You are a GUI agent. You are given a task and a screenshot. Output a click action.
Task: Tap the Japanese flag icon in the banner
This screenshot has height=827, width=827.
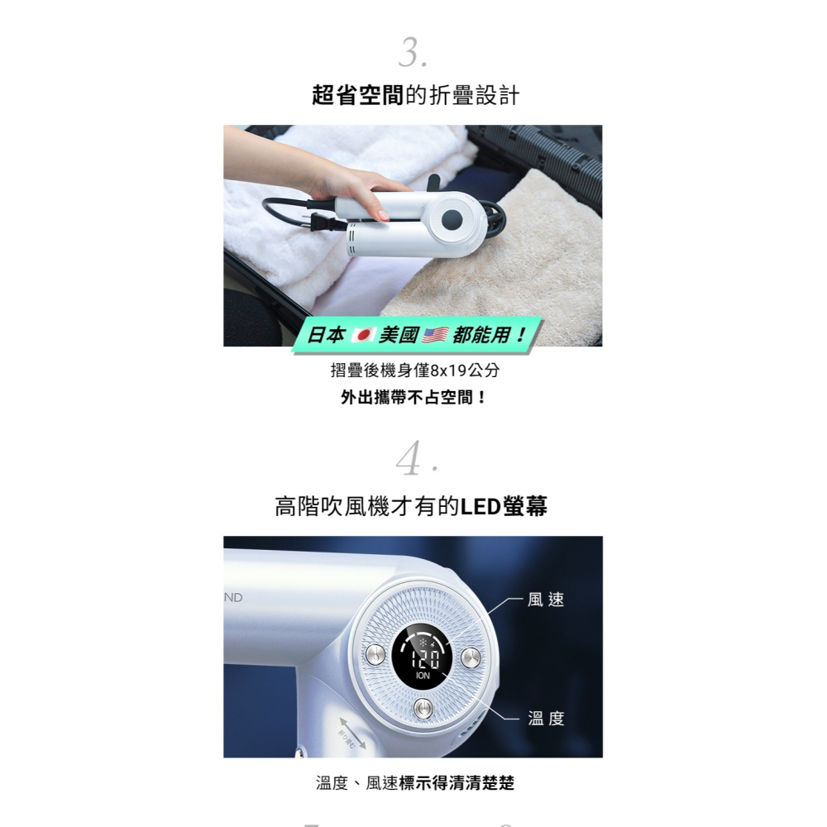point(364,336)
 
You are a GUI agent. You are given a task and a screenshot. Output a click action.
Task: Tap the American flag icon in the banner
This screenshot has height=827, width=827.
point(435,336)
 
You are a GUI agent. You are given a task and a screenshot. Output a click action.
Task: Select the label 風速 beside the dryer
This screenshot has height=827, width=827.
point(546,600)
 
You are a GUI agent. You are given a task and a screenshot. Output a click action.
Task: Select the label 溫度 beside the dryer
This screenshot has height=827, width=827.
point(546,719)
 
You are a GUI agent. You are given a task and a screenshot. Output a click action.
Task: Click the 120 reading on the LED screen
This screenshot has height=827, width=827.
point(423,657)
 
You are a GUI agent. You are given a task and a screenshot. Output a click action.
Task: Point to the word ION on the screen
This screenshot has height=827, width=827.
point(423,676)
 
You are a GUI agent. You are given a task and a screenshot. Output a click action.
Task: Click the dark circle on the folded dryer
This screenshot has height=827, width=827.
point(452,219)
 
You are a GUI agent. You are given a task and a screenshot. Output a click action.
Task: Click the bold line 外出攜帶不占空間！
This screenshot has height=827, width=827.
point(413,398)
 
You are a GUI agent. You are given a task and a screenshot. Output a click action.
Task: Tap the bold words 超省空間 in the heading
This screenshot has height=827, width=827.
point(357,96)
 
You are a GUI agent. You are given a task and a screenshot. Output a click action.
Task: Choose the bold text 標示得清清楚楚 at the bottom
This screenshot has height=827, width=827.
point(457,782)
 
